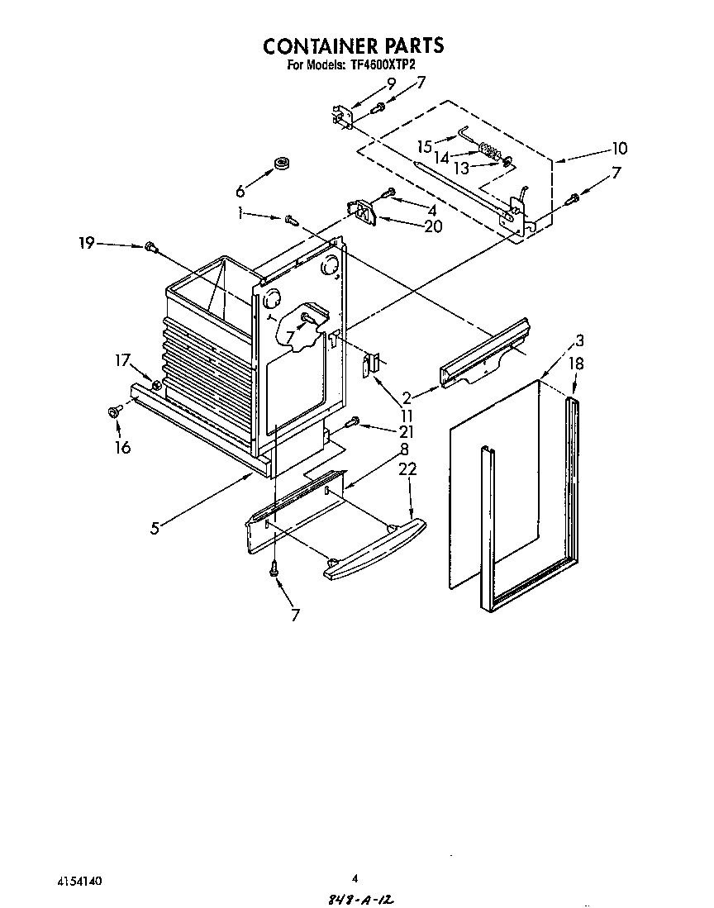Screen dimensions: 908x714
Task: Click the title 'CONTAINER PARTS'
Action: [x=353, y=45]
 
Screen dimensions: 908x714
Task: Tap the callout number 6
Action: [x=240, y=192]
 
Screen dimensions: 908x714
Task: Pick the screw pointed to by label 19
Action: [x=150, y=246]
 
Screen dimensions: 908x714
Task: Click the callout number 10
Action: [x=619, y=149]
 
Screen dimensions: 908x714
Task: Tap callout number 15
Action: [x=425, y=146]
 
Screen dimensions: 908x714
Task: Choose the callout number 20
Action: [x=432, y=226]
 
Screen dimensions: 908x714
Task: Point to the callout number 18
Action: [x=575, y=362]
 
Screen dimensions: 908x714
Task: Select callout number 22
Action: [x=407, y=469]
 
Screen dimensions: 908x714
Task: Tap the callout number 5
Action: [x=155, y=528]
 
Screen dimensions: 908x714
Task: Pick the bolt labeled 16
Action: [x=113, y=411]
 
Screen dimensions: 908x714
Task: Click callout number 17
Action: [x=122, y=359]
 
